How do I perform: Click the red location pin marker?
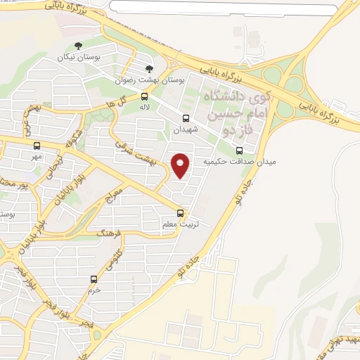tap(181, 165)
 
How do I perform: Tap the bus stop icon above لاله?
tap(144, 96)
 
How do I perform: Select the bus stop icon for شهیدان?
tap(186, 119)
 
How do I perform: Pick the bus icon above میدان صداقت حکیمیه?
tap(239, 150)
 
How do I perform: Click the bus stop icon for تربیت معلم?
tap(181, 213)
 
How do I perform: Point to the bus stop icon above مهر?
tap(37, 146)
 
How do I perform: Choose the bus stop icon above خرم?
tap(94, 279)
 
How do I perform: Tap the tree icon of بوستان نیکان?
tap(78, 46)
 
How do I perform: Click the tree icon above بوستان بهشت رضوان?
tap(148, 69)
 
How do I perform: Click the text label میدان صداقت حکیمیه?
tap(240, 161)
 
